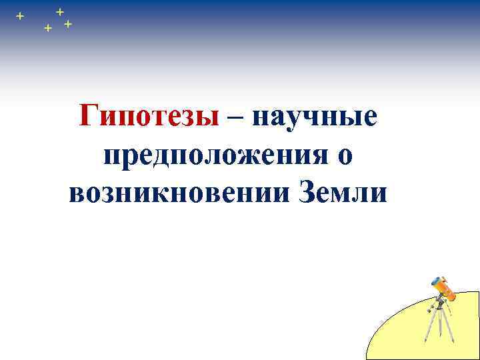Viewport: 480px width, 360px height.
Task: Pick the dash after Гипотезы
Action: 234,119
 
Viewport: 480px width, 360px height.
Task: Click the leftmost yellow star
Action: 20,15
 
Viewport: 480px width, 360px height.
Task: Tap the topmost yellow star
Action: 60,11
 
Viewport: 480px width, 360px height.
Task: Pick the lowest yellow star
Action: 47,29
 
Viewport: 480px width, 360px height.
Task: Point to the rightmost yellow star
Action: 68,24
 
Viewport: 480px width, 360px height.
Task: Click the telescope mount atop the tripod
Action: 439,304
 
